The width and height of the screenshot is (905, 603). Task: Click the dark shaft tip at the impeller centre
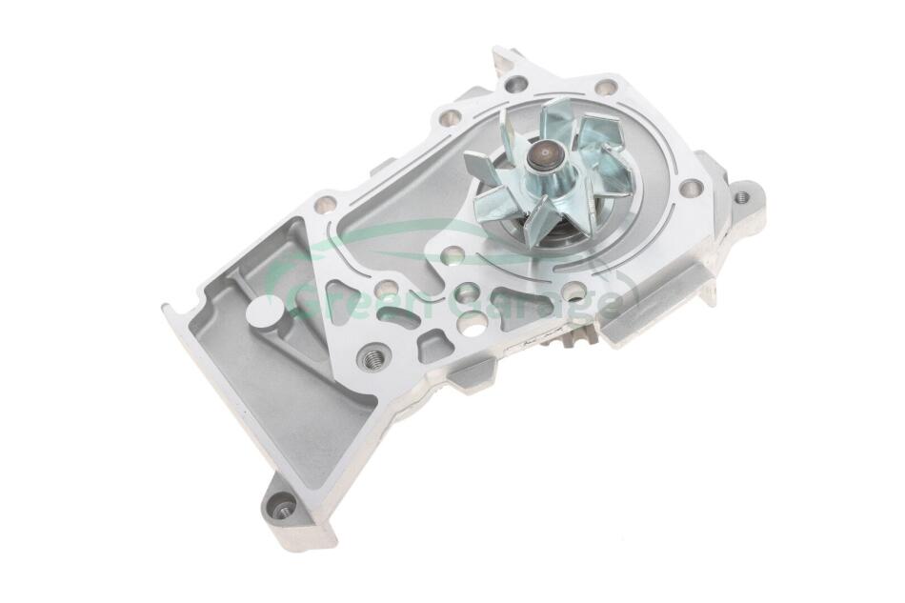[x=544, y=153]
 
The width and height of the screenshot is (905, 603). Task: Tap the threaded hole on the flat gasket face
[x=372, y=359]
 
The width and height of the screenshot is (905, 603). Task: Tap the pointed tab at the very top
[x=503, y=61]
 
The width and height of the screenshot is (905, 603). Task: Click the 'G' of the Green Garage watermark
[x=302, y=301]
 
